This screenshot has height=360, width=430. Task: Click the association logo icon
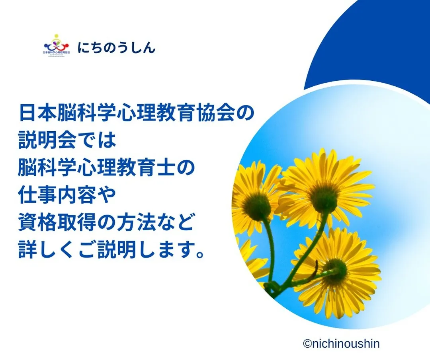pyautogui.click(x=57, y=45)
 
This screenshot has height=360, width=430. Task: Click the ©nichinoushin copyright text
pyautogui.click(x=341, y=344)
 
